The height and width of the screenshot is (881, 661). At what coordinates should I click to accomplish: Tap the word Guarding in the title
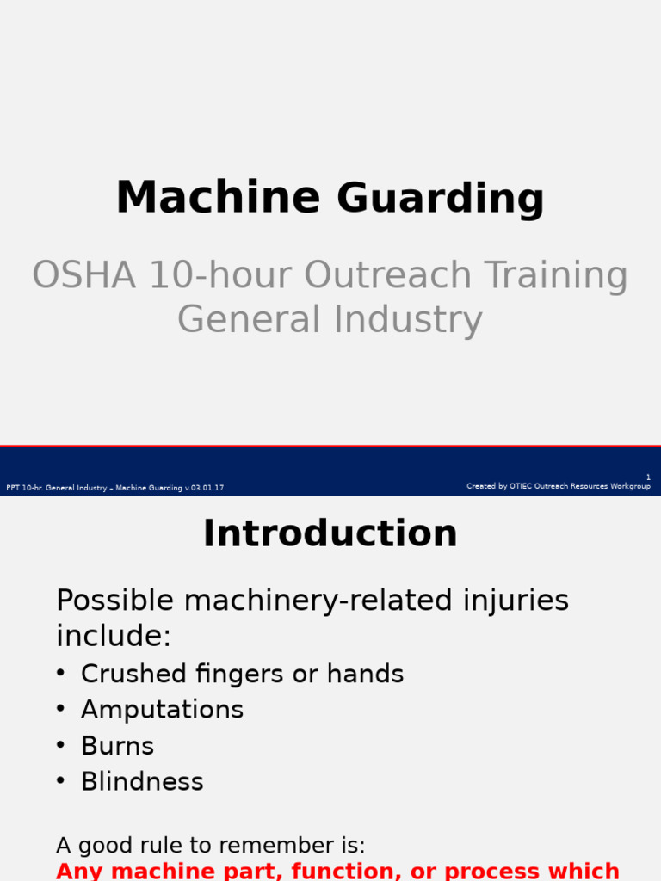tap(440, 200)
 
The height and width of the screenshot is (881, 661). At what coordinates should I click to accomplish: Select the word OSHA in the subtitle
tap(83, 275)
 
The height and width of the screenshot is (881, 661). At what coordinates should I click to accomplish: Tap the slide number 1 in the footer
tap(648, 477)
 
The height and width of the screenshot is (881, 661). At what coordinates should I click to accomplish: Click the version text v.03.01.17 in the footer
tap(204, 488)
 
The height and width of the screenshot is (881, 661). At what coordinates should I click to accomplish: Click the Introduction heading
tap(330, 533)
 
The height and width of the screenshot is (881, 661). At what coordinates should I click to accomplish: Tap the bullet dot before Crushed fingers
tap(60, 673)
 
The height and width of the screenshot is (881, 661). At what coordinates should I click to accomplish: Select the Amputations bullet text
tap(162, 710)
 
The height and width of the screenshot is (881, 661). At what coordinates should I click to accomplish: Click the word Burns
tap(117, 746)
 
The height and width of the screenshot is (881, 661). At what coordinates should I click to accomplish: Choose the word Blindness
tap(142, 782)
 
